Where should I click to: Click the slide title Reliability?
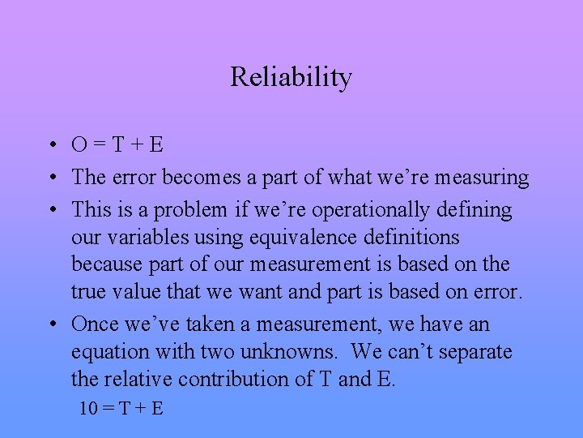pos(291,77)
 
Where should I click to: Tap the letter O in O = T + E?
pos(80,145)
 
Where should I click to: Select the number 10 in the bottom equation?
pos(88,408)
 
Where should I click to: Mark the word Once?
pos(96,324)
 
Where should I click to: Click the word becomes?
pos(199,178)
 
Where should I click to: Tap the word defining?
pos(474,210)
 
